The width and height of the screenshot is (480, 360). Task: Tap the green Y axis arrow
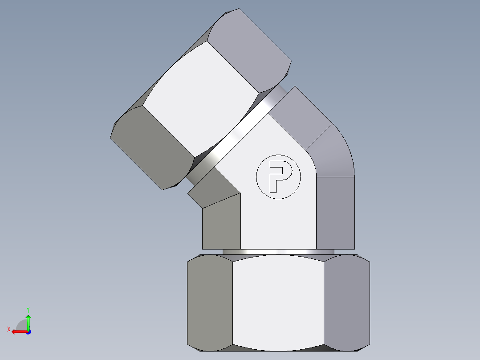[x=28, y=320]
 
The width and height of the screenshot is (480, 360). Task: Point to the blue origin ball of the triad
[x=28, y=332]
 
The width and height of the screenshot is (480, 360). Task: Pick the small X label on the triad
[x=8, y=329]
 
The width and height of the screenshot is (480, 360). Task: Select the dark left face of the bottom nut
[x=210, y=303]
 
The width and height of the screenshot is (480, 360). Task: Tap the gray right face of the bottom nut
[x=346, y=303]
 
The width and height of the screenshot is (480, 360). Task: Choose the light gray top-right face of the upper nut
[x=249, y=49]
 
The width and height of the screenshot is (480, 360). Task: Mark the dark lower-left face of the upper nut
[x=151, y=147]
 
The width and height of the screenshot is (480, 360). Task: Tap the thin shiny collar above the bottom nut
[x=278, y=252]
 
